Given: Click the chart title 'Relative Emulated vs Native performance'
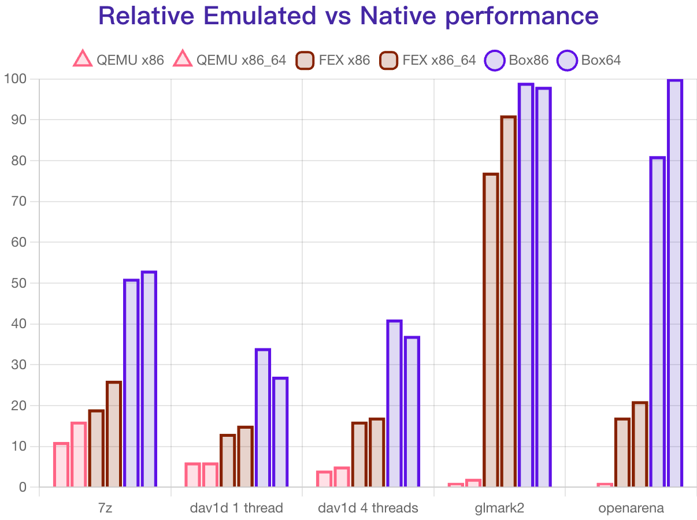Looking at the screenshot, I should click(x=348, y=16).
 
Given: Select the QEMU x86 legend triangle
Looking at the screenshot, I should click(x=83, y=59).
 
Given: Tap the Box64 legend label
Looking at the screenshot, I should click(x=600, y=60).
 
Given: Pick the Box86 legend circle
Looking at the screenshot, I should click(x=495, y=60).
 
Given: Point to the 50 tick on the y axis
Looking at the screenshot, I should click(x=19, y=283).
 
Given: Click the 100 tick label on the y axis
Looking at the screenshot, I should click(x=16, y=79).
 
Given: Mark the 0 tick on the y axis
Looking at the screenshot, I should click(x=23, y=487).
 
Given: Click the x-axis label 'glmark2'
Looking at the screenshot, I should click(x=499, y=508).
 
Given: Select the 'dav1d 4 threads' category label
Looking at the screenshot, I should click(x=368, y=508).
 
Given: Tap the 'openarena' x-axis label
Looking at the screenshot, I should click(x=631, y=508).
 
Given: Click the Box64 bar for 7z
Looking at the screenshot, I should click(x=149, y=378).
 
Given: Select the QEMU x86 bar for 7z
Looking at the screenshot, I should click(x=61, y=464).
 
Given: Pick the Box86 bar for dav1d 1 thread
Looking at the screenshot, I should click(x=262, y=417).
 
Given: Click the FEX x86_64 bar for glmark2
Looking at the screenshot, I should click(x=508, y=300).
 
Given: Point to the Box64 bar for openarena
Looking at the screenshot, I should click(x=675, y=283).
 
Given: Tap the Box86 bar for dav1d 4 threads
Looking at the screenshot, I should click(x=394, y=403).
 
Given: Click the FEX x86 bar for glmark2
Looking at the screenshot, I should click(x=491, y=329).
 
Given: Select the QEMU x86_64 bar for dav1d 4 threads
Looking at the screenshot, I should click(x=342, y=476).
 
